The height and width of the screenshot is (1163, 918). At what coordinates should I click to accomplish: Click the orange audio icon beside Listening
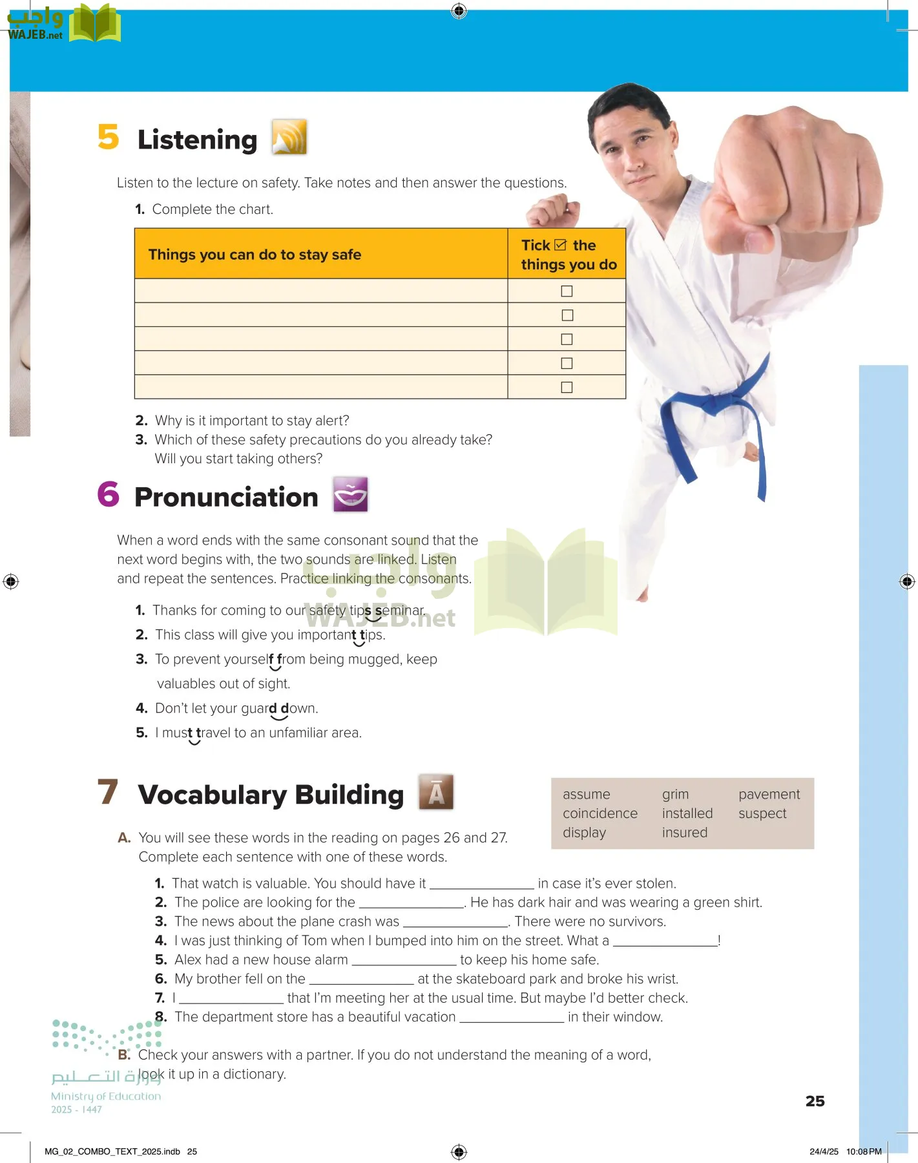click(x=289, y=137)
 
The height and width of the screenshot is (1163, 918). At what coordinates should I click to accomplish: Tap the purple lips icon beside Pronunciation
click(x=350, y=494)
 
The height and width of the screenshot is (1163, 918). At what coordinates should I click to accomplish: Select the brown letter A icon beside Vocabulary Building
click(x=436, y=791)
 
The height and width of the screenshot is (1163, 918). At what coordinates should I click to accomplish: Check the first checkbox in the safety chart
click(x=567, y=291)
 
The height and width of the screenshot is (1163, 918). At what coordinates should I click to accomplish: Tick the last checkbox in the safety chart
click(x=567, y=387)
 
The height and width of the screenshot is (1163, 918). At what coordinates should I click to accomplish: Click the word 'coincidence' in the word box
click(x=600, y=813)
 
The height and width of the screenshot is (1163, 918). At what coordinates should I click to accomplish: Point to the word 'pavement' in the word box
click(x=769, y=794)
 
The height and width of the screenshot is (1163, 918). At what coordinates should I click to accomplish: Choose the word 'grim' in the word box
click(x=675, y=794)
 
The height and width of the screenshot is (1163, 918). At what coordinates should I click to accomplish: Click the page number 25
click(x=815, y=1101)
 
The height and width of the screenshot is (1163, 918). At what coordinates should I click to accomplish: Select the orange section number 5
click(x=109, y=137)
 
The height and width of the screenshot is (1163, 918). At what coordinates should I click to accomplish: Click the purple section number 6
click(x=109, y=494)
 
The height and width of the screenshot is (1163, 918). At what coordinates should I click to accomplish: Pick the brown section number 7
click(x=108, y=791)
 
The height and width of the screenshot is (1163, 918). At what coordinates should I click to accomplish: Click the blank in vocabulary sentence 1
click(x=482, y=884)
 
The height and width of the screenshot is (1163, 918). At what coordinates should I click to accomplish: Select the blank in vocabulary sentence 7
click(x=231, y=998)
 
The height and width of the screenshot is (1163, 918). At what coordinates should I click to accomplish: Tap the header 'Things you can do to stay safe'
click(x=255, y=255)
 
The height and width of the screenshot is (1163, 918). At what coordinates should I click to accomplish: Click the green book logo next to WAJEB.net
click(x=95, y=23)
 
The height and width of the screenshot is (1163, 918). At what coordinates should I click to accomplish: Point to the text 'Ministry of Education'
click(x=106, y=1096)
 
